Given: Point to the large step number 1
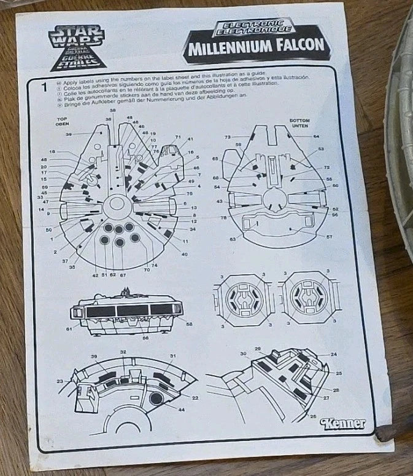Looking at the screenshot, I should pyautogui.click(x=43, y=87).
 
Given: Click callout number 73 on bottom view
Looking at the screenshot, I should pyautogui.click(x=226, y=137).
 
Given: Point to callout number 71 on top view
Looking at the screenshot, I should pyautogui.click(x=177, y=137).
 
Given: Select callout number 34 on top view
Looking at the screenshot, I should pyautogui.click(x=193, y=229).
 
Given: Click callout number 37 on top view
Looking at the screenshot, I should pyautogui.click(x=66, y=261).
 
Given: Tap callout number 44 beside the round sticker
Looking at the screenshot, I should pyautogui.click(x=181, y=408).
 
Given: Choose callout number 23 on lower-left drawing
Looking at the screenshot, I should pyautogui.click(x=60, y=382).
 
